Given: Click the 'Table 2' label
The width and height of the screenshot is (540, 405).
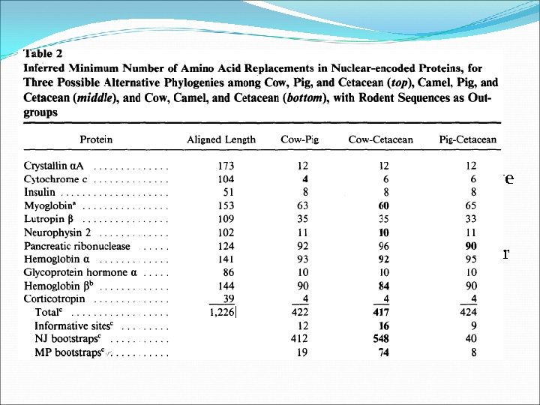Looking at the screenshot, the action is (x=43, y=54).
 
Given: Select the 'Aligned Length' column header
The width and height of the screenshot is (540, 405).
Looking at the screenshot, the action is (x=221, y=139).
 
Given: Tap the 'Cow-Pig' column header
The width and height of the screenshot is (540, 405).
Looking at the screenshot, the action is (x=299, y=139).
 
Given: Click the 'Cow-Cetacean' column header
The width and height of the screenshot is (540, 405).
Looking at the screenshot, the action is (x=380, y=139).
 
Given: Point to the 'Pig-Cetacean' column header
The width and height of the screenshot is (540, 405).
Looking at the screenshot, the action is (x=468, y=139).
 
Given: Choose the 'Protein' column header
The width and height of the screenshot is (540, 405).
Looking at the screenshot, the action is (x=96, y=139).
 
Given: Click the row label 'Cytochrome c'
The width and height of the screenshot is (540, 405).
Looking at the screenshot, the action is (x=55, y=179).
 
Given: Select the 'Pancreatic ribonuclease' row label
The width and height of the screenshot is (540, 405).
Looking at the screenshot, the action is (x=77, y=246).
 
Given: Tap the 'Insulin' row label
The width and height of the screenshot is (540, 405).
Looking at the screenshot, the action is (x=39, y=192).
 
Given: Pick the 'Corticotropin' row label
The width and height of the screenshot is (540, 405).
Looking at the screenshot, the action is (x=55, y=298).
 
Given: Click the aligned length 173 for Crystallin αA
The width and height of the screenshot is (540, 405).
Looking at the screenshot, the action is (x=226, y=166).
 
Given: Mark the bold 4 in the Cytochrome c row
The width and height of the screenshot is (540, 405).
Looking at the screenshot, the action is (x=305, y=179).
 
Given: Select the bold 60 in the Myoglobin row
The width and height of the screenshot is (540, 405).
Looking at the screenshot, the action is (x=383, y=205).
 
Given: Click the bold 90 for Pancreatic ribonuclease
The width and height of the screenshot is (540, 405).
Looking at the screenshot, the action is (x=471, y=246).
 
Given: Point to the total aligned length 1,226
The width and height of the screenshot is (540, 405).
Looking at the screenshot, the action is (x=222, y=312).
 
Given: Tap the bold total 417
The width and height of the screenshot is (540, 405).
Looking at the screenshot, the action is (x=381, y=312).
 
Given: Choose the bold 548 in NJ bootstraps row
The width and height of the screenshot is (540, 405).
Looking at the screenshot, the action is (x=381, y=339).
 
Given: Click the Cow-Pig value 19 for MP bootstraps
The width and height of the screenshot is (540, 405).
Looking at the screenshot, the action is (x=302, y=352).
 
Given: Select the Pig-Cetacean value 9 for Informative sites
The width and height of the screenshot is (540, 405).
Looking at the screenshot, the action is (x=473, y=325).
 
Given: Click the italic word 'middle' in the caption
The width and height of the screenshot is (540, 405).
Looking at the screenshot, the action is (x=94, y=98).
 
